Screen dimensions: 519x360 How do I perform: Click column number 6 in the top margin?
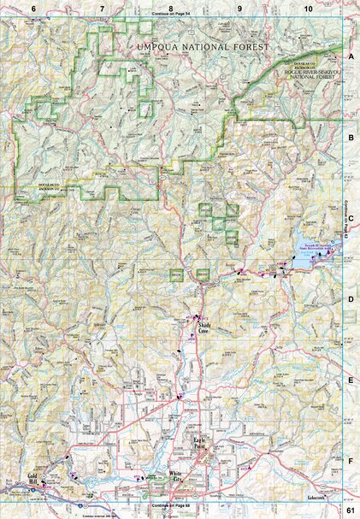coord(34,8)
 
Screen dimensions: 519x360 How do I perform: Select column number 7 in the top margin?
coord(103,8)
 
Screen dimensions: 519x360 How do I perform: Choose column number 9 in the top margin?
coord(239,8)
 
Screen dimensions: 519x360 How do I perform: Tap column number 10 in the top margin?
coord(306,8)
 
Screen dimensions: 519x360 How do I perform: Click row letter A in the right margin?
coord(351,56)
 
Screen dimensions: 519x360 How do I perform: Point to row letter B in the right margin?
coord(351,136)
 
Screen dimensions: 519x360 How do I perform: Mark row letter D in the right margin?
coord(351,298)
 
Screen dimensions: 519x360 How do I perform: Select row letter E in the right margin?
coord(351,380)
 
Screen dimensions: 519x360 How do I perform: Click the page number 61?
coord(351,510)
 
